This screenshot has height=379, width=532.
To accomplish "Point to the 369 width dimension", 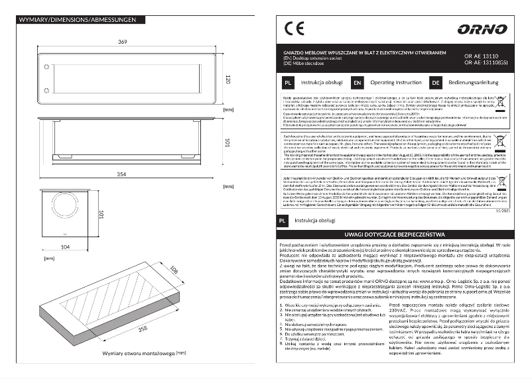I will pos(123,42).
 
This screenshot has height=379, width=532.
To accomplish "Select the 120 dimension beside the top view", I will pos(227,80).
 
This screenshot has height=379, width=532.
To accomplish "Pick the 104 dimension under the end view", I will pos(64,246).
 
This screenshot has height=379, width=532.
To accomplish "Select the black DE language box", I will pos(436,83).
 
